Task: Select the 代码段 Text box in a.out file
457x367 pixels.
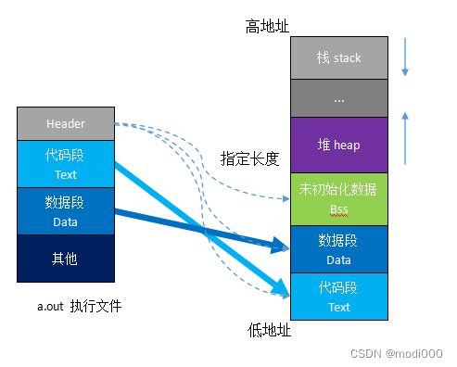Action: tap(65, 165)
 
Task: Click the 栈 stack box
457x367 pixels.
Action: tap(338, 58)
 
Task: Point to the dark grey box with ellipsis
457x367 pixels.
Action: tap(338, 97)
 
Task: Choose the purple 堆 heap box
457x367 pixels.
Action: tap(338, 145)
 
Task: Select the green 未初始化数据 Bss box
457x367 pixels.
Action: tap(338, 197)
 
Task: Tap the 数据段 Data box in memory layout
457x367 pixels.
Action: tap(338, 248)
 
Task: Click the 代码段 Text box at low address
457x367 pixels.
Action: tap(338, 297)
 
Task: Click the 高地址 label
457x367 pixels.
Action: tap(267, 26)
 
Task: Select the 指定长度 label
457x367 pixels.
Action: tap(249, 158)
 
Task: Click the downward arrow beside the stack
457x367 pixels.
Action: tap(404, 58)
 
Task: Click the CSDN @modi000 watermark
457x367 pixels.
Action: tap(400, 353)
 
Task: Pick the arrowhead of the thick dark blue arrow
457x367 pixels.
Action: tap(284, 247)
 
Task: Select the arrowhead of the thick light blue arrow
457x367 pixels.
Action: tap(284, 288)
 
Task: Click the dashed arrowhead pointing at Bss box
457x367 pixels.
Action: tap(286, 198)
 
